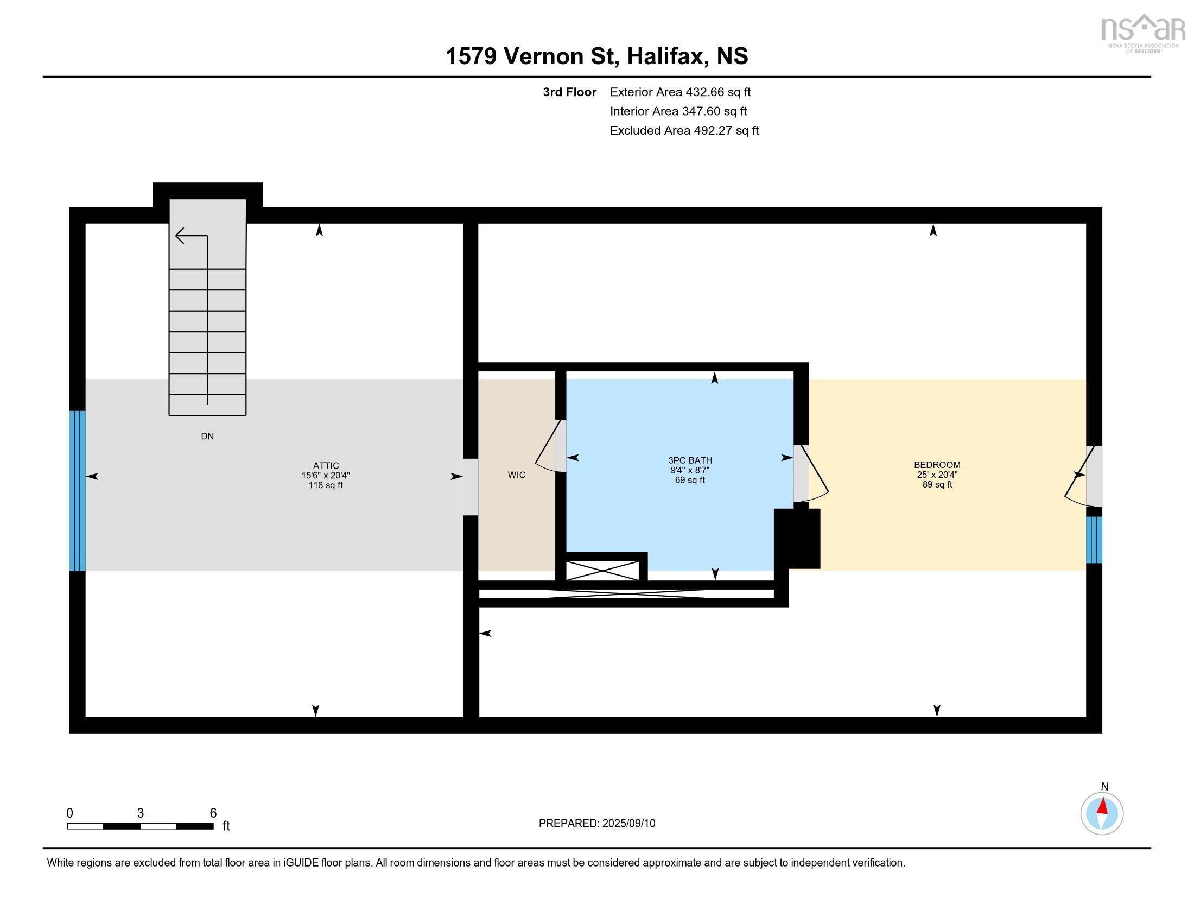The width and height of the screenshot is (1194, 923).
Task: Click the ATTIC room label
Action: point(326,466)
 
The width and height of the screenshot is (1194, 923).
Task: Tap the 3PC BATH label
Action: point(690,460)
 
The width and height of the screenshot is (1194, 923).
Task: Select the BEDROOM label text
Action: point(937,465)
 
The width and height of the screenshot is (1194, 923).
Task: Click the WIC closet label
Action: point(517,475)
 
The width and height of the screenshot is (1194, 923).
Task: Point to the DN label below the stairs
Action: point(207,437)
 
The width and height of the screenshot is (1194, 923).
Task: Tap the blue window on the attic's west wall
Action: point(78,490)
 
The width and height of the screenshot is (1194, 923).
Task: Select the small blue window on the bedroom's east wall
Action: point(1094,540)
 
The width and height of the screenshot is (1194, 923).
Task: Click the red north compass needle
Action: point(1103,806)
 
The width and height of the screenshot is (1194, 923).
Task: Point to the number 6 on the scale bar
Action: point(213,813)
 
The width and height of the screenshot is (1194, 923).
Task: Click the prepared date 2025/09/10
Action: point(628,824)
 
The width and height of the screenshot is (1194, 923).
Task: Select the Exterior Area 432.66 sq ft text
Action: point(680,92)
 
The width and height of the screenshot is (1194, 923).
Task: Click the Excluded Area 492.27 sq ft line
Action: point(684,131)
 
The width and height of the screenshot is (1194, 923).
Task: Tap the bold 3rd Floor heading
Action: point(569,92)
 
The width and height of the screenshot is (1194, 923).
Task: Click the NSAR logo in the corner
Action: point(1142,33)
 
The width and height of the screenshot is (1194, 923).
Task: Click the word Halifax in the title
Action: point(666,56)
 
